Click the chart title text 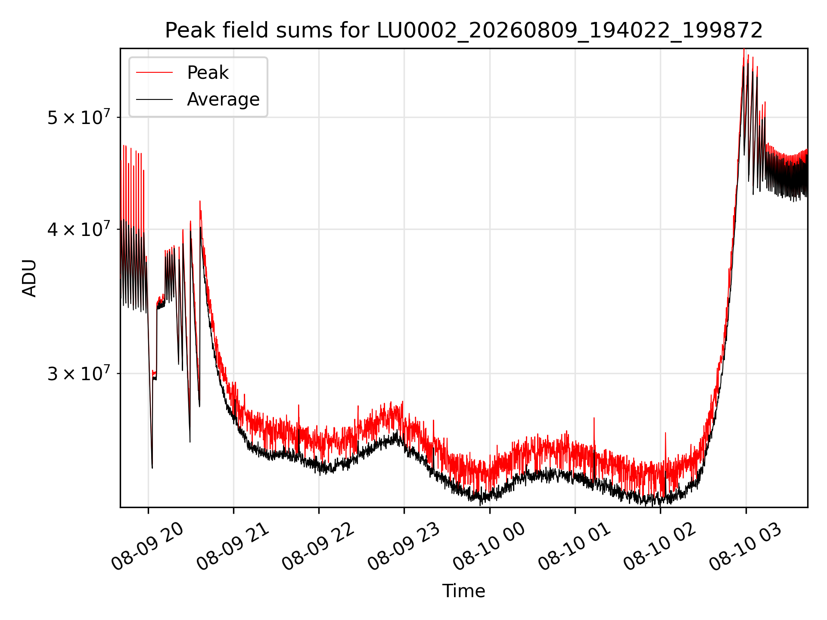coord(464,31)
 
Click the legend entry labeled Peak coord(208,73)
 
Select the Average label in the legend coord(223,99)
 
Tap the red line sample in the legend coord(154,73)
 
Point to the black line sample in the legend coord(154,99)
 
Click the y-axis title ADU coord(29,278)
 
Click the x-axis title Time coord(464,591)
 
